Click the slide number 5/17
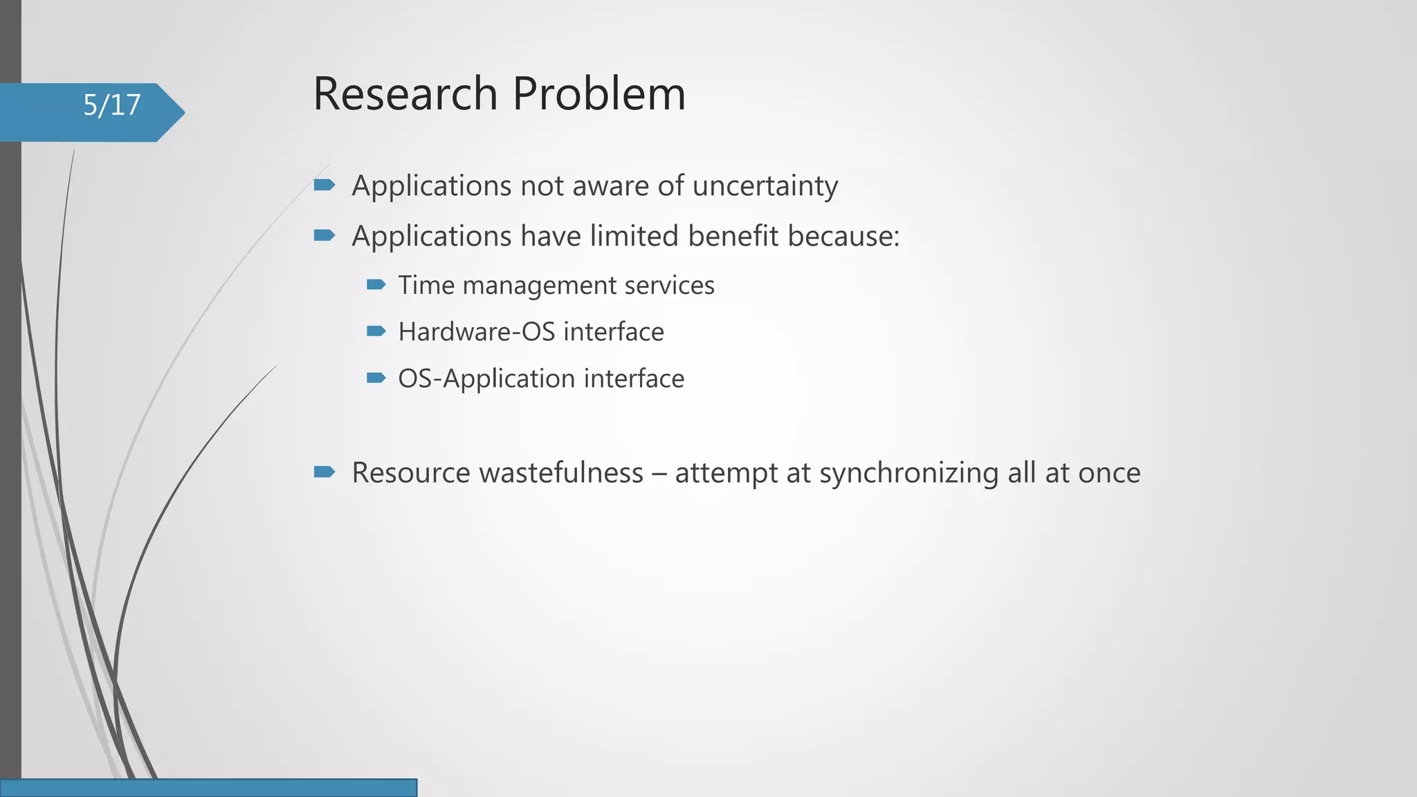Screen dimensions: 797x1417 click(x=111, y=105)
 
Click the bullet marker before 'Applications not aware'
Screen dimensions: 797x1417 click(x=324, y=185)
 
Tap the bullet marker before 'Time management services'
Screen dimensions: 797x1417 click(x=376, y=284)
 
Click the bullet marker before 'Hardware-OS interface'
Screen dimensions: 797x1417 click(x=376, y=331)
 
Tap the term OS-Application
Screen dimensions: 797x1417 click(x=486, y=379)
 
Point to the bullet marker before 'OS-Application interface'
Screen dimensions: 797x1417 click(x=376, y=378)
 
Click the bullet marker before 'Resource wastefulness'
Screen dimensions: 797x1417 click(x=324, y=473)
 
